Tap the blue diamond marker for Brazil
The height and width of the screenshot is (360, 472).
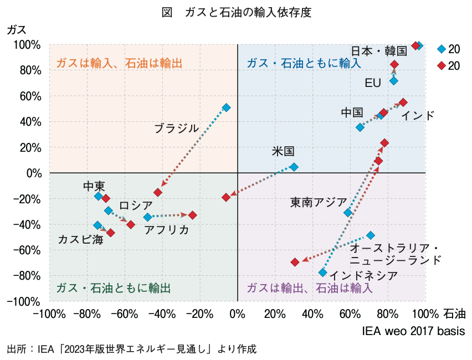click(x=226, y=107)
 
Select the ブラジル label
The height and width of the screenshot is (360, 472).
click(x=176, y=128)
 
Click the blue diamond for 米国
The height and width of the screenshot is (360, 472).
click(x=294, y=167)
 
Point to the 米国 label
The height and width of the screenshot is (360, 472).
click(x=283, y=151)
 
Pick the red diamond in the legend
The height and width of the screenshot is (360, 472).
click(x=441, y=65)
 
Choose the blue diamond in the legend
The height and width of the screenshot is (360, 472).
click(x=441, y=49)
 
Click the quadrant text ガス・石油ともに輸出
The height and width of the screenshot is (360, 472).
click(x=113, y=289)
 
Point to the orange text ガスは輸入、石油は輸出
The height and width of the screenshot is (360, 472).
click(x=120, y=63)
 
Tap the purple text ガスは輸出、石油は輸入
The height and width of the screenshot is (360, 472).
click(x=310, y=289)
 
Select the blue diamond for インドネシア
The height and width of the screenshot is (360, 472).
click(x=323, y=272)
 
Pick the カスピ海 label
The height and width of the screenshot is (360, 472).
click(x=80, y=240)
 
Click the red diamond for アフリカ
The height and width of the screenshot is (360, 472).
click(x=192, y=215)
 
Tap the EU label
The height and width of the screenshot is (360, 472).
click(x=373, y=83)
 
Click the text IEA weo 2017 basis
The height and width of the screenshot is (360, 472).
click(x=413, y=331)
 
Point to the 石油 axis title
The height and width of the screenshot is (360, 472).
click(x=455, y=315)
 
